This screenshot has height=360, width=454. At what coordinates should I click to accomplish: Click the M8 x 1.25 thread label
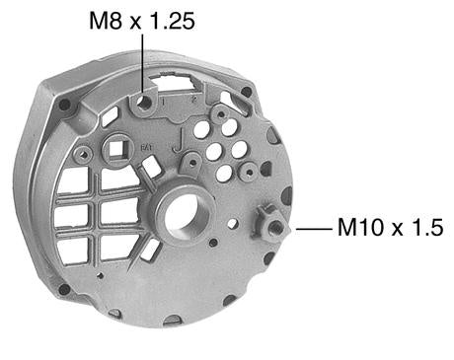click(x=142, y=22)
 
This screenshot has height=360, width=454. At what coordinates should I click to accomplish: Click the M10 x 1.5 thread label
click(x=391, y=227)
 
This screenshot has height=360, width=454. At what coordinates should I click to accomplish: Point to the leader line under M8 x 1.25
click(x=143, y=62)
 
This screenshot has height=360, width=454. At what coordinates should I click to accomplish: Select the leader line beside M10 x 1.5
click(x=314, y=228)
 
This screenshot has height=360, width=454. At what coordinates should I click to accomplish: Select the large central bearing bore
click(x=187, y=215)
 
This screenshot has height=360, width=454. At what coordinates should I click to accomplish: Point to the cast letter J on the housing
click(x=178, y=141)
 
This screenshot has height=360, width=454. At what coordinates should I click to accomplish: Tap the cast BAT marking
click(x=146, y=148)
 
